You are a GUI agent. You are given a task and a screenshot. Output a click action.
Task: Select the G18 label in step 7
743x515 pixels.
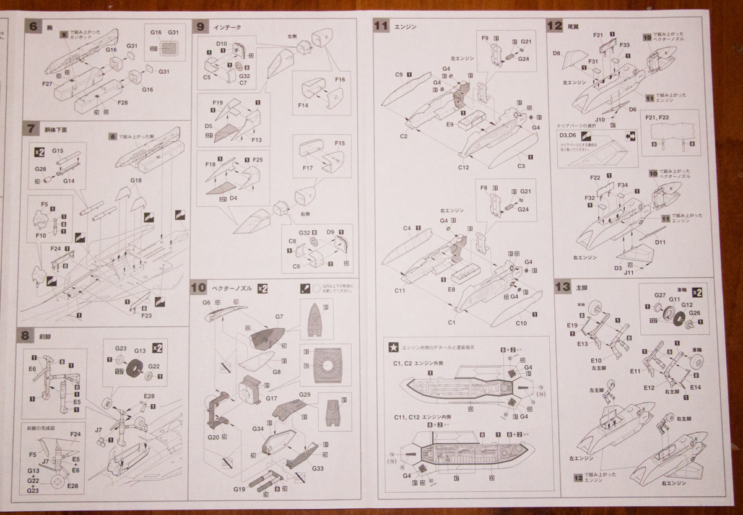point(136,180)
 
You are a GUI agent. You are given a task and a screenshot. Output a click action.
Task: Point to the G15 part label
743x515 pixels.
point(58,150)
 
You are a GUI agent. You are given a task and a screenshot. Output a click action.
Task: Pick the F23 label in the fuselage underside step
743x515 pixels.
point(146,315)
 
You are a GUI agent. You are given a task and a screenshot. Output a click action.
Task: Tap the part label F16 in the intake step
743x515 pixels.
point(339,80)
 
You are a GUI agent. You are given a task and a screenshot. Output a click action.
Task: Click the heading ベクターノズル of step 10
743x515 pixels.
point(231,288)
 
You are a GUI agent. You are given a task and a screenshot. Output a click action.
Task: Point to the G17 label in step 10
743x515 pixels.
point(271,399)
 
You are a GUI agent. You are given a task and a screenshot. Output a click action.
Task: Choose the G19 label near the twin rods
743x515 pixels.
point(240,489)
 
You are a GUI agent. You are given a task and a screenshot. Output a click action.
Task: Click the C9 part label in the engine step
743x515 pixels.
point(399,75)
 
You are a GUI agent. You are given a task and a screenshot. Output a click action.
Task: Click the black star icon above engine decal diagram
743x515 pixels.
point(392,347)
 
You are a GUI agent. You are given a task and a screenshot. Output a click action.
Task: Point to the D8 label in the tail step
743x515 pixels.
point(557,54)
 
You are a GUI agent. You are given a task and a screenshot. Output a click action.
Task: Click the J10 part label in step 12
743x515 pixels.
point(600,119)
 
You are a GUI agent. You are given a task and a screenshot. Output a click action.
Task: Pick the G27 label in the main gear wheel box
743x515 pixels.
point(659,296)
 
